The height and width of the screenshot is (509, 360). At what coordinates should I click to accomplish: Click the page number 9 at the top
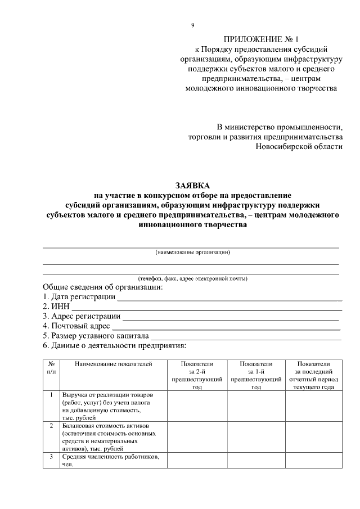tap(193, 25)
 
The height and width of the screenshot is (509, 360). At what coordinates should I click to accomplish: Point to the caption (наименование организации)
tap(192, 252)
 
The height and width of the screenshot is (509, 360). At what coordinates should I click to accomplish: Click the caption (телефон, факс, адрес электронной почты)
tap(192, 278)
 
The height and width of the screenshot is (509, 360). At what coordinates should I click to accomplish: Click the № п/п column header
tap(51, 368)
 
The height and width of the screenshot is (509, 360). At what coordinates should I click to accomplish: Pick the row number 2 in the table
tap(51, 426)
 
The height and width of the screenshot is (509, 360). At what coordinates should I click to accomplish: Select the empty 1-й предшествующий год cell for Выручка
tap(255, 407)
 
